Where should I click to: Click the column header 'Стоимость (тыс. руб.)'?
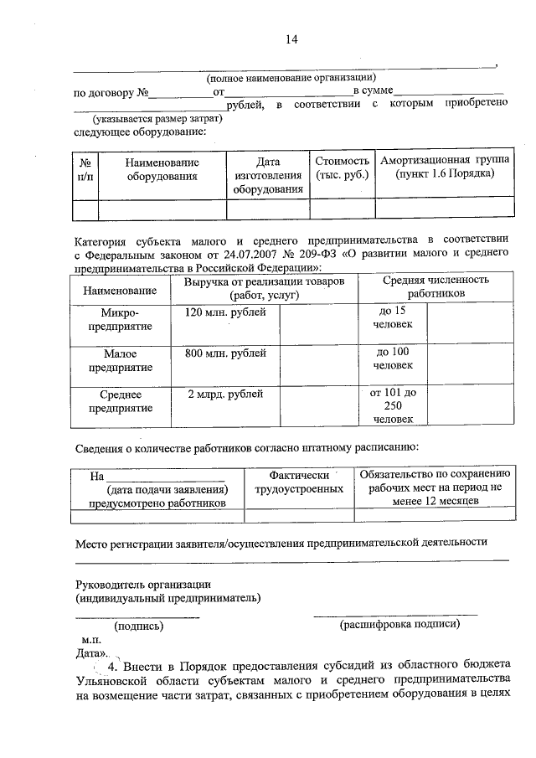(x=342, y=168)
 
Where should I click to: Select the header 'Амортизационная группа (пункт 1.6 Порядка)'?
(x=446, y=168)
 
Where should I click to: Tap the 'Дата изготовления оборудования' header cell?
(x=268, y=175)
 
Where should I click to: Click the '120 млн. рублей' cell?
(x=225, y=312)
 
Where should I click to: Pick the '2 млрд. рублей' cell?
(x=225, y=393)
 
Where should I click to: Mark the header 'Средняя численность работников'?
(x=435, y=288)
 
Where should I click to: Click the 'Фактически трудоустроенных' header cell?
(x=299, y=481)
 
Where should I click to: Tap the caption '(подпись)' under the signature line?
(x=138, y=626)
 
